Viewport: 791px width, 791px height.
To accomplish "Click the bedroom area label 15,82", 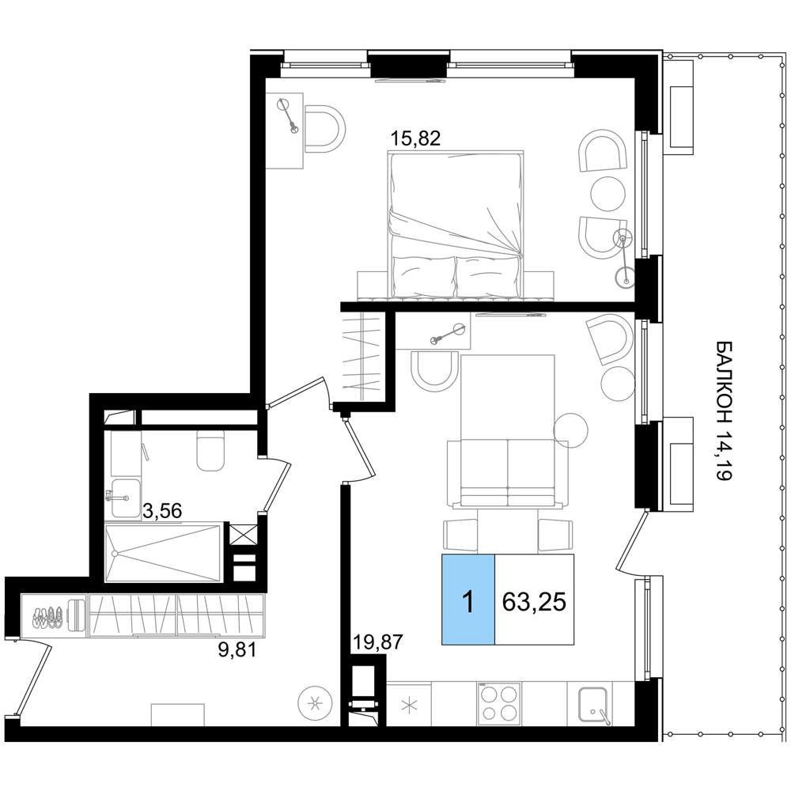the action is point(416,138).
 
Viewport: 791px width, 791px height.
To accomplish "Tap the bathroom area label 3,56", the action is point(162,511).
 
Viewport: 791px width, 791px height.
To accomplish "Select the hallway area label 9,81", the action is point(237,650).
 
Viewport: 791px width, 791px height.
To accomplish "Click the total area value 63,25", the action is point(534,601).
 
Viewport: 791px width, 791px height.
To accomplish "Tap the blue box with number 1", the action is point(468,600).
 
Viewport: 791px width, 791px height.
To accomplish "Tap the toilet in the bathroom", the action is point(210,451).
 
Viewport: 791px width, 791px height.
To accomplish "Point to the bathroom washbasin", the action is point(124,498).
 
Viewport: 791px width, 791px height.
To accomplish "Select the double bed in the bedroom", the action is point(456,225).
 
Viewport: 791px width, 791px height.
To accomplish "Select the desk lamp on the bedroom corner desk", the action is point(288,115).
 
